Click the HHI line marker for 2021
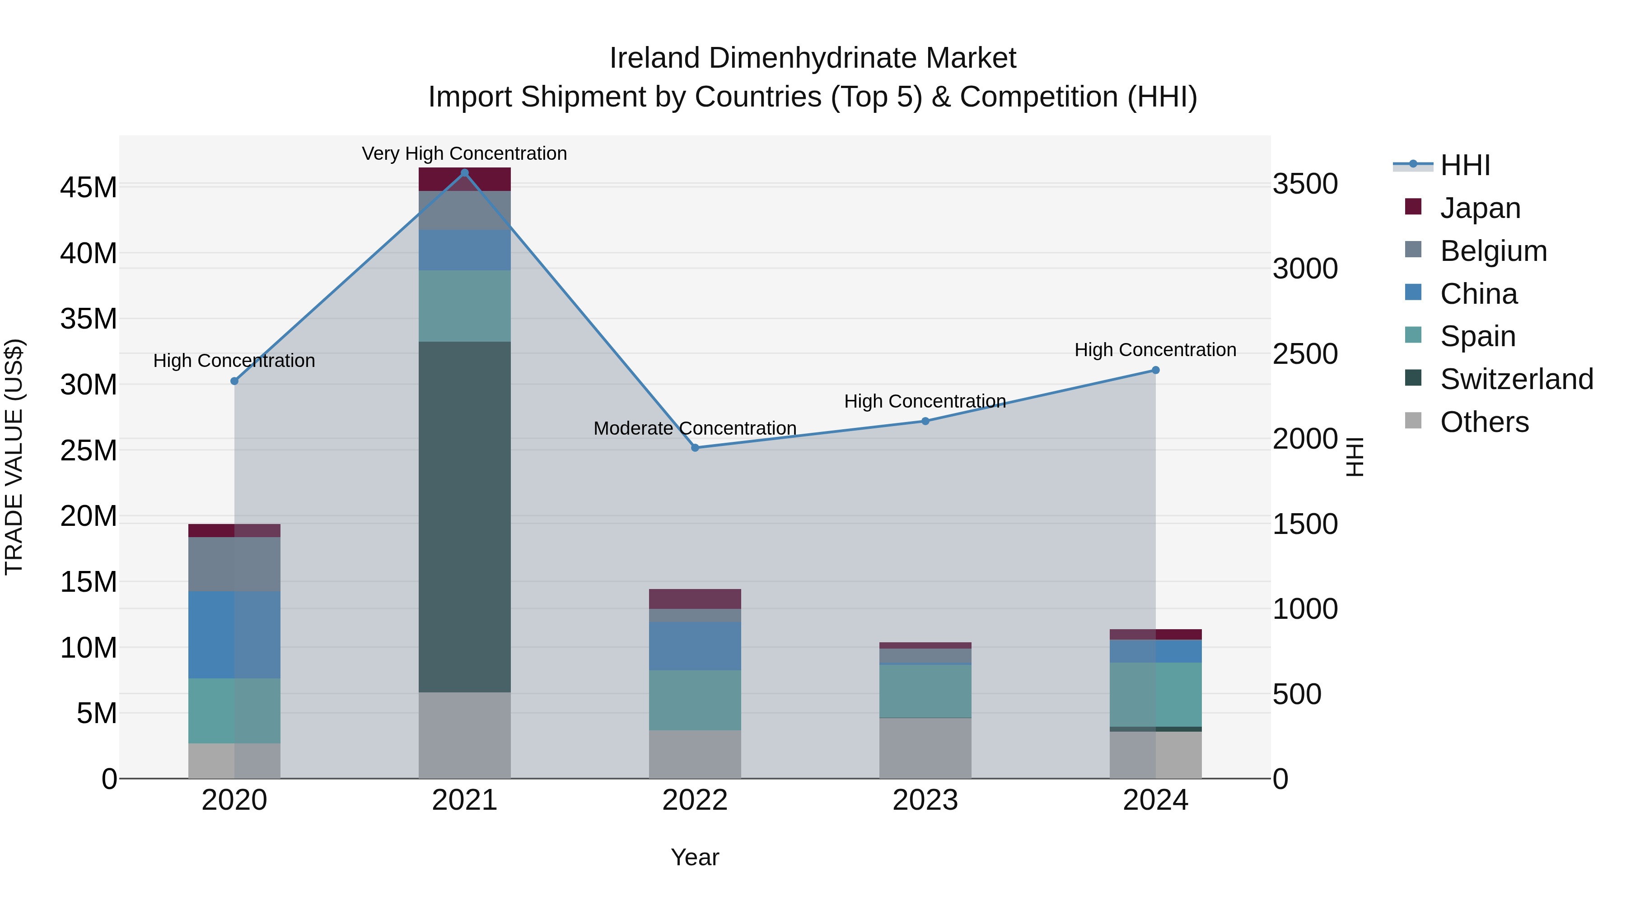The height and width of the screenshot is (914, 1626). click(465, 173)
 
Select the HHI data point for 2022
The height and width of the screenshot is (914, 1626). click(695, 448)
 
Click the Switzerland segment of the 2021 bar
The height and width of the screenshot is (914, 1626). click(465, 517)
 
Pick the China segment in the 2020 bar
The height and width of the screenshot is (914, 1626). click(234, 635)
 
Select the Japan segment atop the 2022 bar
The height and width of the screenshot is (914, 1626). click(695, 599)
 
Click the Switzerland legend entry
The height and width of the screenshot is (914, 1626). click(1516, 379)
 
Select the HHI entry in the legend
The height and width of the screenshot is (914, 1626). click(1464, 165)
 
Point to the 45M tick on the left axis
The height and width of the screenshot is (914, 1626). click(89, 187)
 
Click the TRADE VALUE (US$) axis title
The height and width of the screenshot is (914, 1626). click(14, 457)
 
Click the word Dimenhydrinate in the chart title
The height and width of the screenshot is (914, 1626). click(813, 58)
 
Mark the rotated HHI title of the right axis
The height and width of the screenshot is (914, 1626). click(1355, 457)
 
